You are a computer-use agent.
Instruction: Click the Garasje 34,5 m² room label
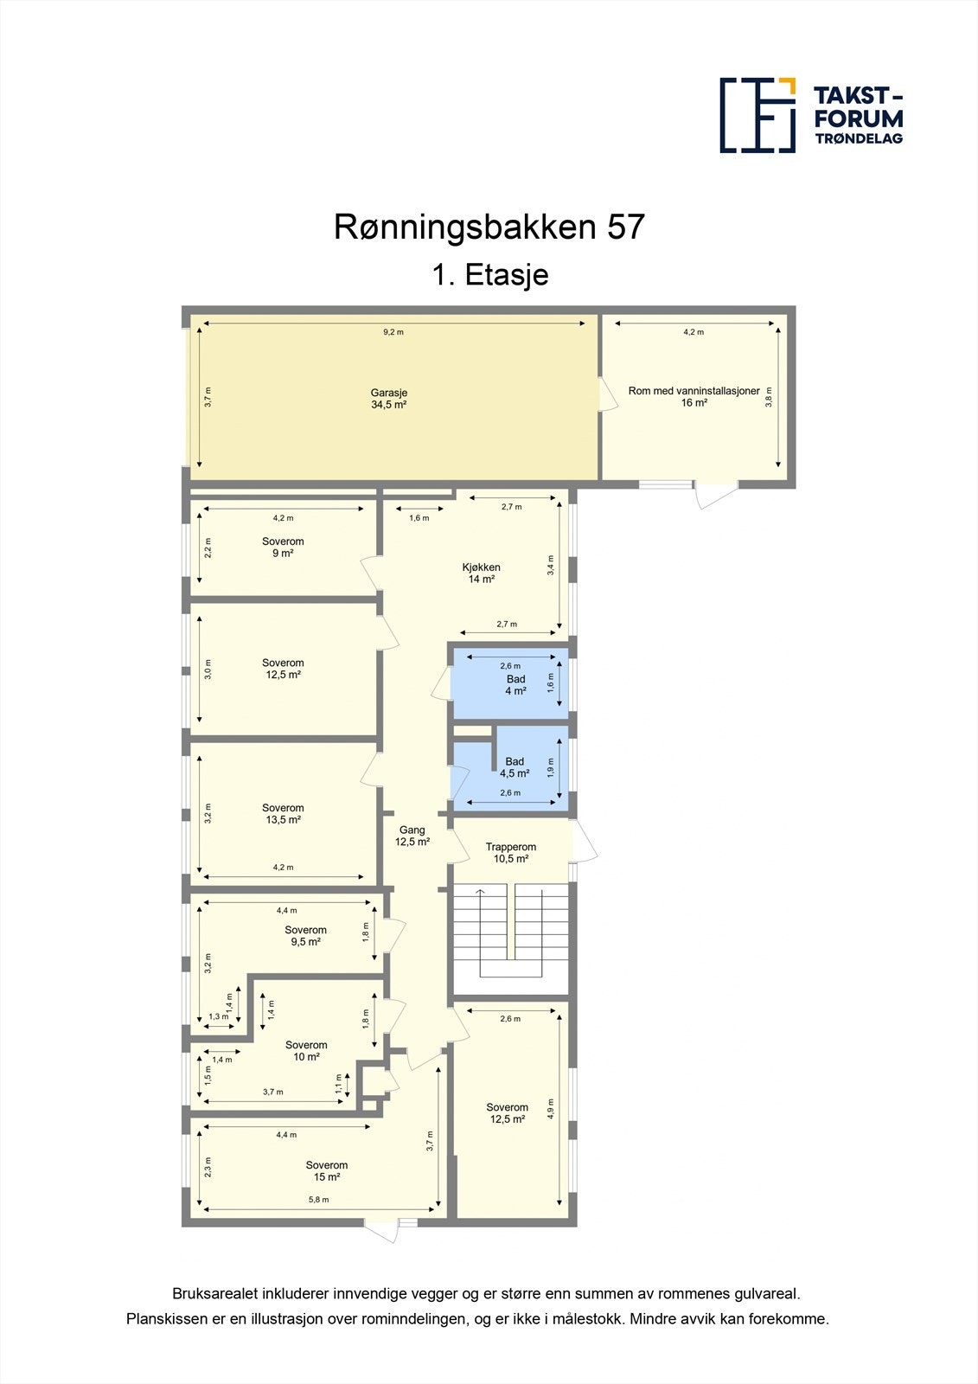tap(389, 399)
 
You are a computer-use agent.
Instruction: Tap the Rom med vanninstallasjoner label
tap(694, 396)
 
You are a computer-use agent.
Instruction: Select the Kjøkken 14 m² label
tap(481, 573)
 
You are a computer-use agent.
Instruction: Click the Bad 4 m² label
tap(515, 685)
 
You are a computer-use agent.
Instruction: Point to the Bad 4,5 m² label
tap(515, 767)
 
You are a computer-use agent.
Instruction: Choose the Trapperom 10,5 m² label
tap(510, 853)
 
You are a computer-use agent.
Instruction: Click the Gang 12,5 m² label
tap(412, 836)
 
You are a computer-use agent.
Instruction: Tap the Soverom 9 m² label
tap(283, 548)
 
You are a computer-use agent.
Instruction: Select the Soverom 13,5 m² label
tap(283, 814)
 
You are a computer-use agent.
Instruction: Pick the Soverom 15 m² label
tap(326, 1171)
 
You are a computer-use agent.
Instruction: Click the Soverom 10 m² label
tap(306, 1051)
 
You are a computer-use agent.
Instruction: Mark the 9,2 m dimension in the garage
tap(393, 332)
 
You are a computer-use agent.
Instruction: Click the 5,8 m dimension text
tap(319, 1200)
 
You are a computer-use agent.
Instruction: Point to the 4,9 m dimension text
tap(551, 1109)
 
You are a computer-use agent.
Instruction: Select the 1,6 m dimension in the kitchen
tap(419, 518)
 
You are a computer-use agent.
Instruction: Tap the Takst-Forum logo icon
tap(757, 115)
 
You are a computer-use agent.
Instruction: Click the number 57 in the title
tap(625, 227)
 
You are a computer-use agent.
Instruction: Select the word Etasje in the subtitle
tap(507, 275)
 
